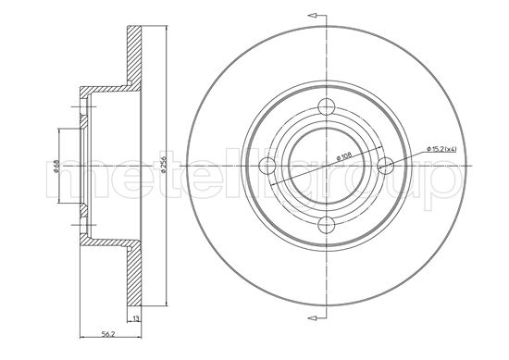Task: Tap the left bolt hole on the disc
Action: pyautogui.click(x=269, y=166)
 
